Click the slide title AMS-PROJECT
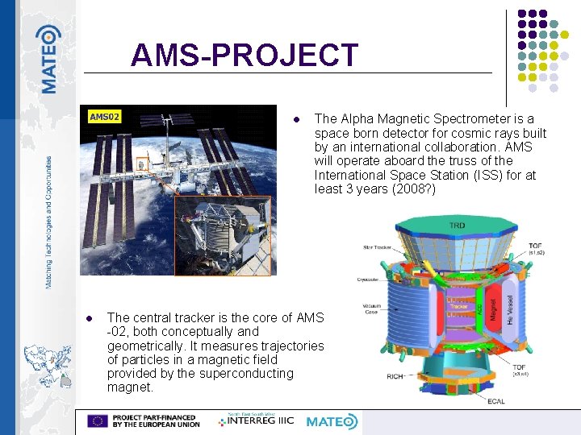(244, 55)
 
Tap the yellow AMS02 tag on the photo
(105, 117)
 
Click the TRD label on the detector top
(457, 226)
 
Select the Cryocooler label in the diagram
(367, 280)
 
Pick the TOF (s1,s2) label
(535, 249)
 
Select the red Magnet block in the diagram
(493, 305)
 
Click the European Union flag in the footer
(98, 420)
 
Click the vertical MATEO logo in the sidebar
(48, 58)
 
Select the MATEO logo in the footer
(332, 420)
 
